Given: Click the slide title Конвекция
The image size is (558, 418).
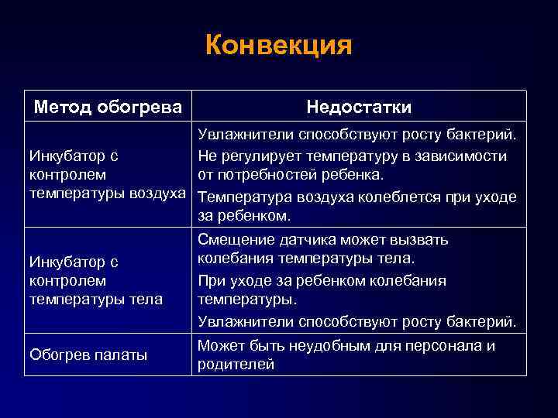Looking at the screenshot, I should coord(278,44).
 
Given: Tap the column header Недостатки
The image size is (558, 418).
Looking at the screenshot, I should coord(359,106).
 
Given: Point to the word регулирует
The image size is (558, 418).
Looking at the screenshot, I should coord(257,156).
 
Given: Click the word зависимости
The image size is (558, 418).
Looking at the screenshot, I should coord(467,156).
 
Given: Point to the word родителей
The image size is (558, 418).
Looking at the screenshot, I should coord(236,365).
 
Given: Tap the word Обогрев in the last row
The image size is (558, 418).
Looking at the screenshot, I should coord(58,355).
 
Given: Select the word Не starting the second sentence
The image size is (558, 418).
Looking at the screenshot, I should coord(207,156).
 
